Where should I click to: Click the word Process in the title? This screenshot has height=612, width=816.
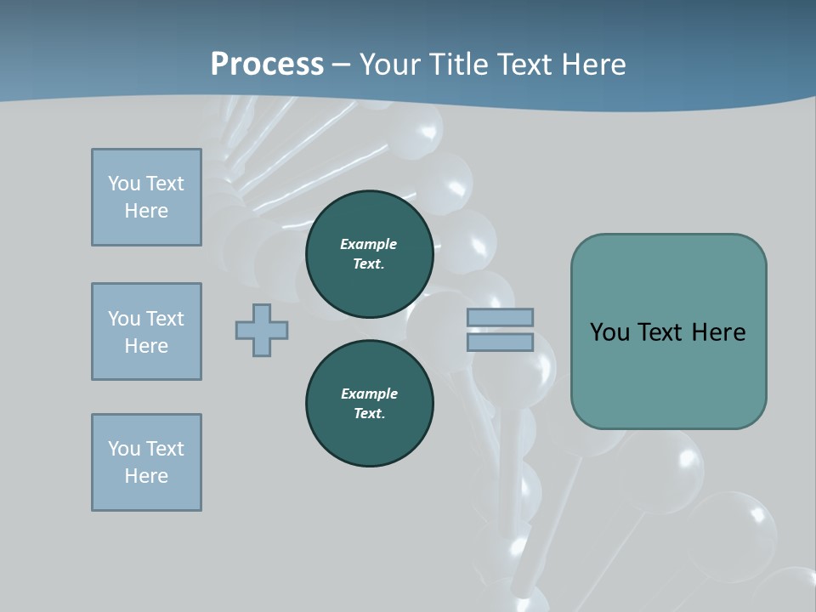[267, 64]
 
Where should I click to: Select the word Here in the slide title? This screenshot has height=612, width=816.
[593, 65]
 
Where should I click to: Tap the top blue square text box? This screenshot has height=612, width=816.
[146, 197]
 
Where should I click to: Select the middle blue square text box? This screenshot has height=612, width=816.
[146, 331]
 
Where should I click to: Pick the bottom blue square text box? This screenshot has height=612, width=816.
[146, 462]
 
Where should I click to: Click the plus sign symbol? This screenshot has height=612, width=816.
[262, 330]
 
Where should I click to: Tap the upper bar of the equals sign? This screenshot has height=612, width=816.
[500, 317]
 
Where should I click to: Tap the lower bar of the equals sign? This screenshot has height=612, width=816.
[500, 342]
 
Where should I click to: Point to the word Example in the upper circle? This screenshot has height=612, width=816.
[369, 244]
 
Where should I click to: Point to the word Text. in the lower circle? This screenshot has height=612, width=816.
[370, 413]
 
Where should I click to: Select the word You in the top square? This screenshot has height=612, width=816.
[123, 184]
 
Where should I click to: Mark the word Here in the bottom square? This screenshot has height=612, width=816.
[146, 476]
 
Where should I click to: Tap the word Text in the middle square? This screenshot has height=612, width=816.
[164, 319]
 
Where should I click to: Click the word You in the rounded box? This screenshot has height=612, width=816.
[609, 332]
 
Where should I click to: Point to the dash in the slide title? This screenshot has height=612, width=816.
[342, 65]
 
